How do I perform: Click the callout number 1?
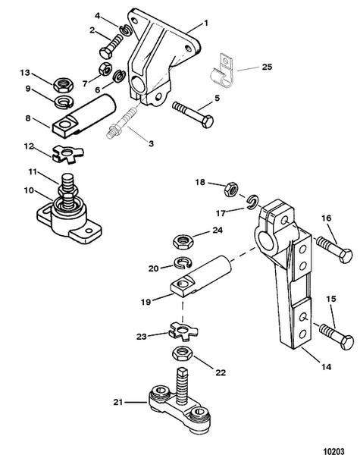tap(207, 24)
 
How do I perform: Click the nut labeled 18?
tap(233, 184)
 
